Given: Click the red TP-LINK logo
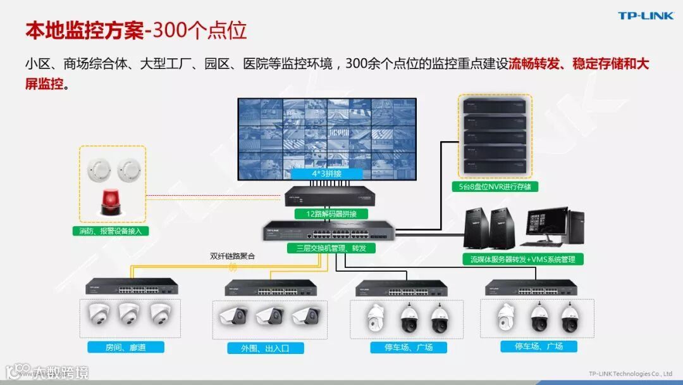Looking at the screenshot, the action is pyautogui.click(x=646, y=16).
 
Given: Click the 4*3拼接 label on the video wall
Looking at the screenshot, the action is pyautogui.click(x=326, y=173).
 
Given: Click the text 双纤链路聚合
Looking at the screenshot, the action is pyautogui.click(x=233, y=256).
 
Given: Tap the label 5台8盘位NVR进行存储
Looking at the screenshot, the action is pyautogui.click(x=495, y=187).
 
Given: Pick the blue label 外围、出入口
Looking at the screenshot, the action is pyautogui.click(x=266, y=348).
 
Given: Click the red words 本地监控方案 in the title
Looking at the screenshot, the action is pyautogui.click(x=85, y=30).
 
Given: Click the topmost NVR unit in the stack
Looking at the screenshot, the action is pyautogui.click(x=495, y=105).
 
